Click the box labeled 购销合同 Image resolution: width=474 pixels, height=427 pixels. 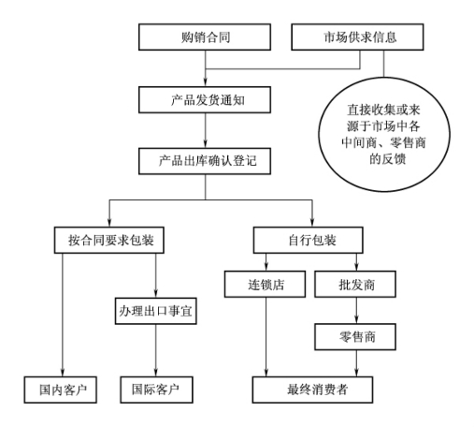205,37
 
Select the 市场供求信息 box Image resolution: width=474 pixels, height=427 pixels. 357,37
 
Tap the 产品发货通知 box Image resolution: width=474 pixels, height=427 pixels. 205,100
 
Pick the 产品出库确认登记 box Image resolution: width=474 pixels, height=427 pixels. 205,161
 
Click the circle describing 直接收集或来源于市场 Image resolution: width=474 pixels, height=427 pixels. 384,134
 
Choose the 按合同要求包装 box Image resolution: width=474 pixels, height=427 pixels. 109,240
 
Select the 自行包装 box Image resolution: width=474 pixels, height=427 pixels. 309,240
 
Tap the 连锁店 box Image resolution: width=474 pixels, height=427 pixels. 265,284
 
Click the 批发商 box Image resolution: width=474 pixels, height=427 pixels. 355,284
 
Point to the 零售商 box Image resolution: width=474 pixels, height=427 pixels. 355,337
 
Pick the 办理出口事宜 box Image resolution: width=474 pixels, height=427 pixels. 156,311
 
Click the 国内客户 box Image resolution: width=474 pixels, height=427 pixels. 61,390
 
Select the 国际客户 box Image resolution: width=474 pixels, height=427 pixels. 157,390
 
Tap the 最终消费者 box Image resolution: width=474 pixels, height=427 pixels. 312,390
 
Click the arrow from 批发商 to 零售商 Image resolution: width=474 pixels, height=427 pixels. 356,310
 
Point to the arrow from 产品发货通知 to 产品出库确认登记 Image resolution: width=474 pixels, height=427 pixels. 205,130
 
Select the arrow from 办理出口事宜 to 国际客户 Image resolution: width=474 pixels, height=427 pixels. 156,350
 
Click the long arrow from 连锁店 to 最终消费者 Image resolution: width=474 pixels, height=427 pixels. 266,337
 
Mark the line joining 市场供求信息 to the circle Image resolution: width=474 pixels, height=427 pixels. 383,64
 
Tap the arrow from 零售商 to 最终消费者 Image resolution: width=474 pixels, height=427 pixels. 356,363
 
